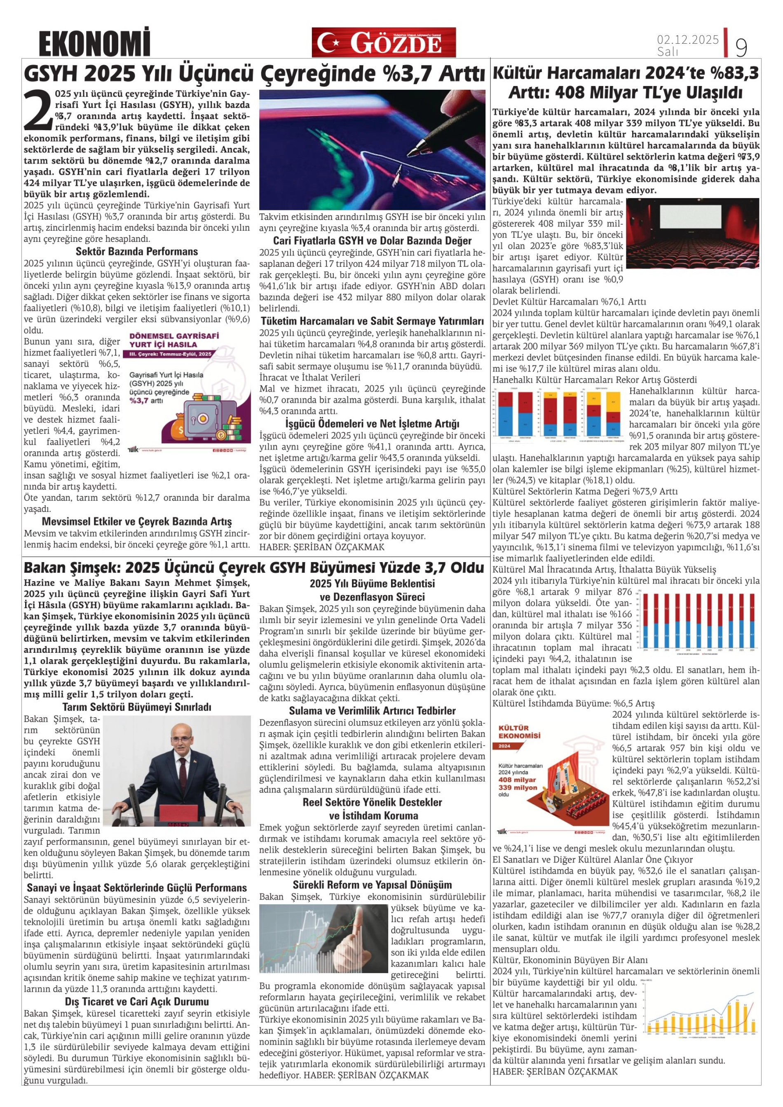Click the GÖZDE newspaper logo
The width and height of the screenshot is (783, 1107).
point(384,42)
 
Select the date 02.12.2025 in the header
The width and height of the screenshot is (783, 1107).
point(687,40)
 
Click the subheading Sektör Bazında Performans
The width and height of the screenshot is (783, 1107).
point(136,251)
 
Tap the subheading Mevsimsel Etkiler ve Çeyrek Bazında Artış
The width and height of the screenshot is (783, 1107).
point(136,522)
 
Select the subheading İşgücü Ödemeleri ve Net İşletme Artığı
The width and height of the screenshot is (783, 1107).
point(372,423)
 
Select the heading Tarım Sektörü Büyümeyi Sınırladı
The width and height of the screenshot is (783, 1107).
point(136,707)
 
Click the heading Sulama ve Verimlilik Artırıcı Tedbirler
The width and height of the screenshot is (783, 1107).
point(372,711)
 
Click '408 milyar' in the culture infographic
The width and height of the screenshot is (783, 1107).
point(517,780)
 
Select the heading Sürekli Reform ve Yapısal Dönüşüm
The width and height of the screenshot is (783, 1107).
point(372,885)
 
